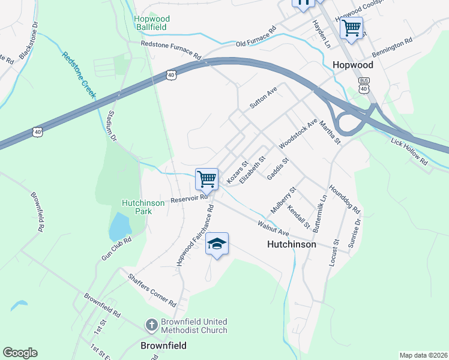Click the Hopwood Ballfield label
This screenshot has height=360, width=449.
point(152,23)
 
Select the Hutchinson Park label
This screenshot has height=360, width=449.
point(143,207)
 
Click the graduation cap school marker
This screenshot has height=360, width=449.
point(217,244)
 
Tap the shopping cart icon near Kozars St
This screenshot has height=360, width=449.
point(206,178)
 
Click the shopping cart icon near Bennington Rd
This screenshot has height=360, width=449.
point(351,27)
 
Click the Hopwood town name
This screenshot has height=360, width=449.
point(352,64)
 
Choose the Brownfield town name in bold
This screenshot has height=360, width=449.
point(163,346)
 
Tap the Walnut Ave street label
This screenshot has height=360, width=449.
point(274,228)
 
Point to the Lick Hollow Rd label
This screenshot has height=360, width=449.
point(409,152)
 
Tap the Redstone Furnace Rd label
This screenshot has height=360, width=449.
point(170,50)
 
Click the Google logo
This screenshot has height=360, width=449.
point(20,353)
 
